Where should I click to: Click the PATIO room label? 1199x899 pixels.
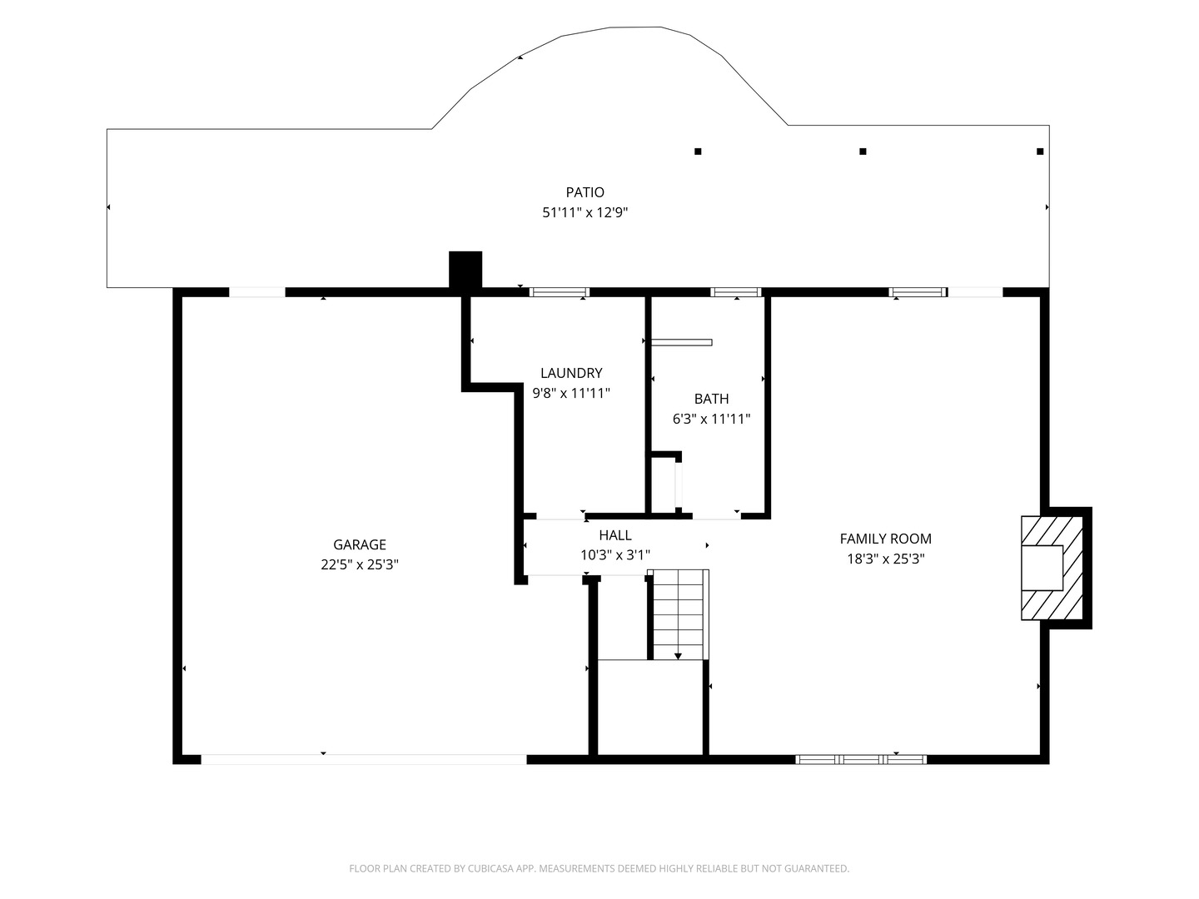(x=585, y=192)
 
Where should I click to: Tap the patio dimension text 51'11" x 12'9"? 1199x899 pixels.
(x=585, y=212)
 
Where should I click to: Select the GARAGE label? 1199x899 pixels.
(x=360, y=544)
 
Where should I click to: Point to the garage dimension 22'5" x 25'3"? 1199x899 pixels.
(x=360, y=564)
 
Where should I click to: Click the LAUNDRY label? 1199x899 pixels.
(x=571, y=373)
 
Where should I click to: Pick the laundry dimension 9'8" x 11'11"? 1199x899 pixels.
(x=571, y=393)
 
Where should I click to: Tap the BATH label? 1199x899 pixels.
(x=711, y=399)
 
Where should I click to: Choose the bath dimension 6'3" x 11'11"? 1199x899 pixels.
(x=711, y=419)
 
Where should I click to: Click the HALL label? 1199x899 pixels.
(x=615, y=535)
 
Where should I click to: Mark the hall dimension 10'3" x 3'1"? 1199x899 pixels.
(x=615, y=555)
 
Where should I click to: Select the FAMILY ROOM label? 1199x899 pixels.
(x=885, y=539)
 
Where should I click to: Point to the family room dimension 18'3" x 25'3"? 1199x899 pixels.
(x=885, y=559)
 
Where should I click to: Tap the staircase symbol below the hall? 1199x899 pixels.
(x=678, y=614)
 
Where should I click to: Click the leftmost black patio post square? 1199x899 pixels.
(x=698, y=151)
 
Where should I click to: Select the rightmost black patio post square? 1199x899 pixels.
(x=1040, y=151)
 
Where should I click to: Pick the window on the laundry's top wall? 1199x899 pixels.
(x=560, y=292)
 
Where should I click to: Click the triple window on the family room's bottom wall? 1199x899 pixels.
(x=861, y=759)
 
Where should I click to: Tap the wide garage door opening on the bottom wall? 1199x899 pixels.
(x=364, y=759)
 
